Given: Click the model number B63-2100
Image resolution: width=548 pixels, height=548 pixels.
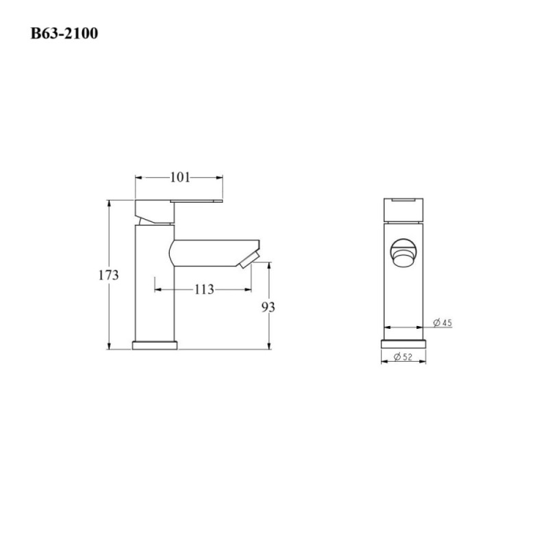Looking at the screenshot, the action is [x=64, y=34].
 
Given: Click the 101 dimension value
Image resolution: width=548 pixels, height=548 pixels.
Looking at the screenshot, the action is [x=180, y=177].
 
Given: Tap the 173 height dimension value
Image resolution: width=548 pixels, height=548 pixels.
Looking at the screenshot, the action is [x=108, y=275].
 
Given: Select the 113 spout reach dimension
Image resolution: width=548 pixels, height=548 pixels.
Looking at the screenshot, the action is [x=204, y=289].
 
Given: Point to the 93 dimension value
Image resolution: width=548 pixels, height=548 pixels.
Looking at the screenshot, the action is [x=269, y=307].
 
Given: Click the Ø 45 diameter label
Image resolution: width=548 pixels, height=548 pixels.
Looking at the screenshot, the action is [x=443, y=323].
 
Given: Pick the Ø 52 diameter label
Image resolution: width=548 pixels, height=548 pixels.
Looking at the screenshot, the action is [x=403, y=357].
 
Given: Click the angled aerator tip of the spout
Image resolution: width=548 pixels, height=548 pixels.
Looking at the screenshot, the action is [x=249, y=260].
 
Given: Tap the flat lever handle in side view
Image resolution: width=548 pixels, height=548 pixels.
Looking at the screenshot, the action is [x=197, y=201].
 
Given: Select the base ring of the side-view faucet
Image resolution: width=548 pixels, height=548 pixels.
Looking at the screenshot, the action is [x=155, y=345].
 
